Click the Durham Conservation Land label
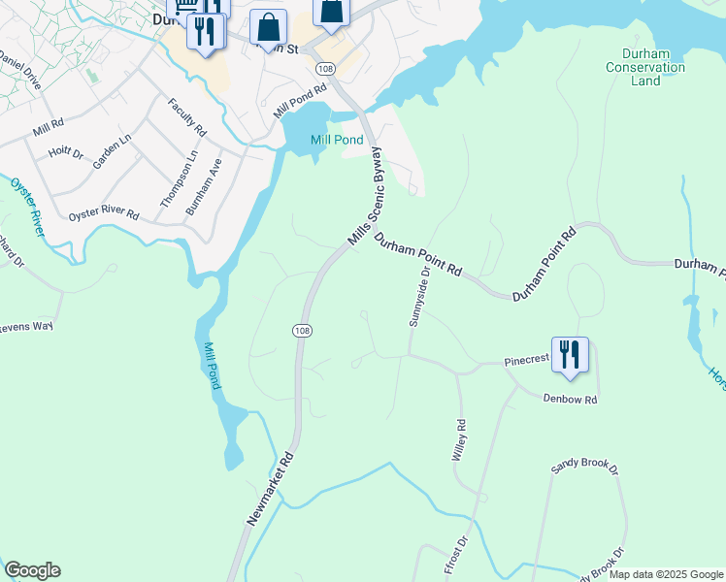tap(645, 67)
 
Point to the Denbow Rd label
tap(570, 399)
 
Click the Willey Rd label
tap(461, 440)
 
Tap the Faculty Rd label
tap(187, 117)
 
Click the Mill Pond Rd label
tap(300, 101)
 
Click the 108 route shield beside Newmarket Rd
tap(301, 331)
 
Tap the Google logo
tap(32, 570)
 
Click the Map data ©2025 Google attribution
tap(665, 574)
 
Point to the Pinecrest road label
tap(526, 360)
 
